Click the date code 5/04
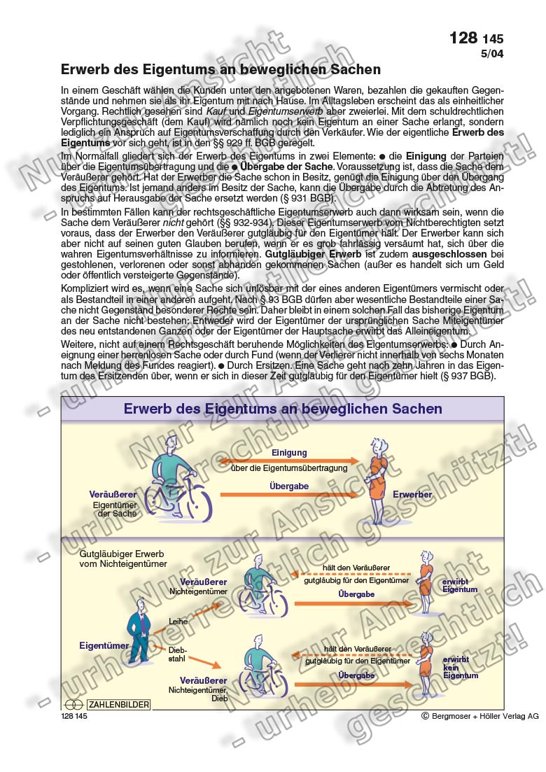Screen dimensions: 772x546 pos(491,53)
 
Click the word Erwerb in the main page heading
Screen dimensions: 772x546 pos(83,70)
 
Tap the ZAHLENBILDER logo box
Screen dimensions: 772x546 pos(118,703)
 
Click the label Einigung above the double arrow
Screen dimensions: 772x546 pos(289,453)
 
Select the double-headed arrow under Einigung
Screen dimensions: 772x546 pos(289,461)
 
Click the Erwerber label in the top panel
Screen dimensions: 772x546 pos(412,495)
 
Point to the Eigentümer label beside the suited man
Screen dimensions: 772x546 pos(104,646)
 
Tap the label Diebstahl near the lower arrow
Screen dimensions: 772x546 pos(178,654)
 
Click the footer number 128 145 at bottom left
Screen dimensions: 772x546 pos(74,716)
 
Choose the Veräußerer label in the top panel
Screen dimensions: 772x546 pos(112,494)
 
